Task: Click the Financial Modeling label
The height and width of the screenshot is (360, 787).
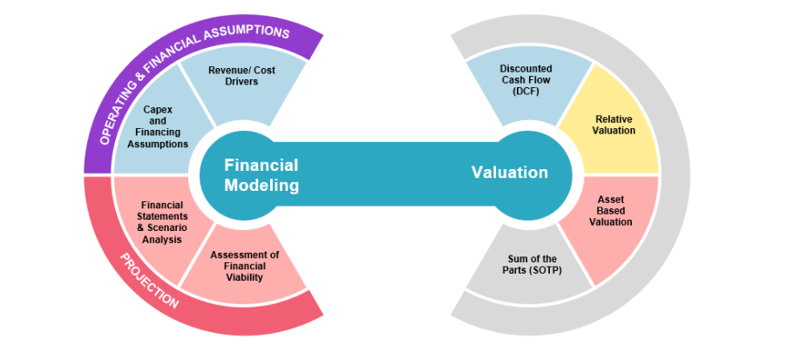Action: (x=261, y=175)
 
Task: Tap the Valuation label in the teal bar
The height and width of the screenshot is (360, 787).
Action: (x=510, y=173)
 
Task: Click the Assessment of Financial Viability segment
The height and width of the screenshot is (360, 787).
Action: (x=245, y=266)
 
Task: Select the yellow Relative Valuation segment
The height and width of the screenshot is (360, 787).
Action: (x=614, y=125)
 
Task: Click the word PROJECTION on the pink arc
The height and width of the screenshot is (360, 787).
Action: (x=149, y=280)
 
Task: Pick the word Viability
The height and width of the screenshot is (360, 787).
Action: (x=244, y=277)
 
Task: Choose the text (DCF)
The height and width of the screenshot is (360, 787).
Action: (x=526, y=92)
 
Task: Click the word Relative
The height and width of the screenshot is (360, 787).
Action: (x=614, y=119)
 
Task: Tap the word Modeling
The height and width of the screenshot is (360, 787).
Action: (x=261, y=186)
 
